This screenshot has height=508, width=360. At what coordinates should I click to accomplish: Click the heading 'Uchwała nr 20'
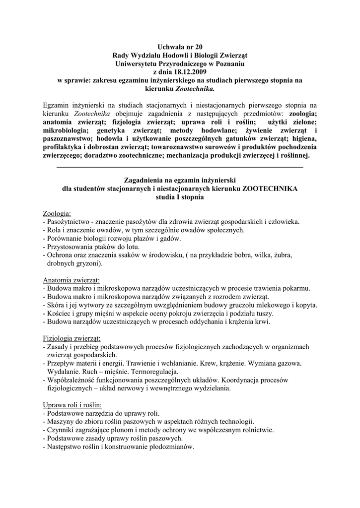(x=180, y=47)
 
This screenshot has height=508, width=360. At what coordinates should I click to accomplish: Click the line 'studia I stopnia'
(x=180, y=197)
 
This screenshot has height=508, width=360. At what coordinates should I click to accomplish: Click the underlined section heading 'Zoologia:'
(x=57, y=213)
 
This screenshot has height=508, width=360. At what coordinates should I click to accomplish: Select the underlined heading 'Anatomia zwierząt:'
(x=72, y=280)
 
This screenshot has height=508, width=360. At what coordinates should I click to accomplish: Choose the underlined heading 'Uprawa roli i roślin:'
(x=72, y=405)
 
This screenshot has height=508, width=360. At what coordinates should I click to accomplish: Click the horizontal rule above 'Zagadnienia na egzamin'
(x=180, y=167)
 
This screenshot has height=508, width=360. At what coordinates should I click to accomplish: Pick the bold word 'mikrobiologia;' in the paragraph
(x=66, y=129)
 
